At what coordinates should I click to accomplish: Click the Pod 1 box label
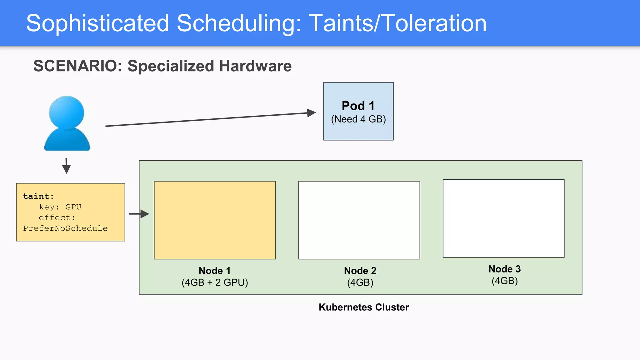point(358,106)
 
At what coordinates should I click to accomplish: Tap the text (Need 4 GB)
point(358,119)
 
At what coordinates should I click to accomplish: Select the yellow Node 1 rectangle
point(215,220)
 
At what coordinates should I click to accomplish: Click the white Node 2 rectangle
point(359,220)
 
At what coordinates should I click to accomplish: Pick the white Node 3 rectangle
point(503,218)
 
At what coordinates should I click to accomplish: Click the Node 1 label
point(215,271)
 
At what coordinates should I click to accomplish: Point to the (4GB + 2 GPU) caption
point(215,282)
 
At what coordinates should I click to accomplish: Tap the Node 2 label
point(360,271)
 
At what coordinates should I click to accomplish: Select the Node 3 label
point(504,269)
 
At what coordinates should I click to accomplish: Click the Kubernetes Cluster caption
point(363,307)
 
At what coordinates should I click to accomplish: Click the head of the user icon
point(67,112)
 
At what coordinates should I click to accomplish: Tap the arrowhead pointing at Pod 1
point(311,113)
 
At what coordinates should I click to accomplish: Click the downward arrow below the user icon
point(66,166)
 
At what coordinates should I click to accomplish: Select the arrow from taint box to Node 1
point(139,214)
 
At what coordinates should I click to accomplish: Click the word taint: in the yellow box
point(38,196)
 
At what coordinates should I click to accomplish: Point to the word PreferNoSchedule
point(65,228)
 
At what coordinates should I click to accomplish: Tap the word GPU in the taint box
point(73,207)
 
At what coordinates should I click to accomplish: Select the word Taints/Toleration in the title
point(397,23)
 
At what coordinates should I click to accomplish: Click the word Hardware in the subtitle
point(255,66)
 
